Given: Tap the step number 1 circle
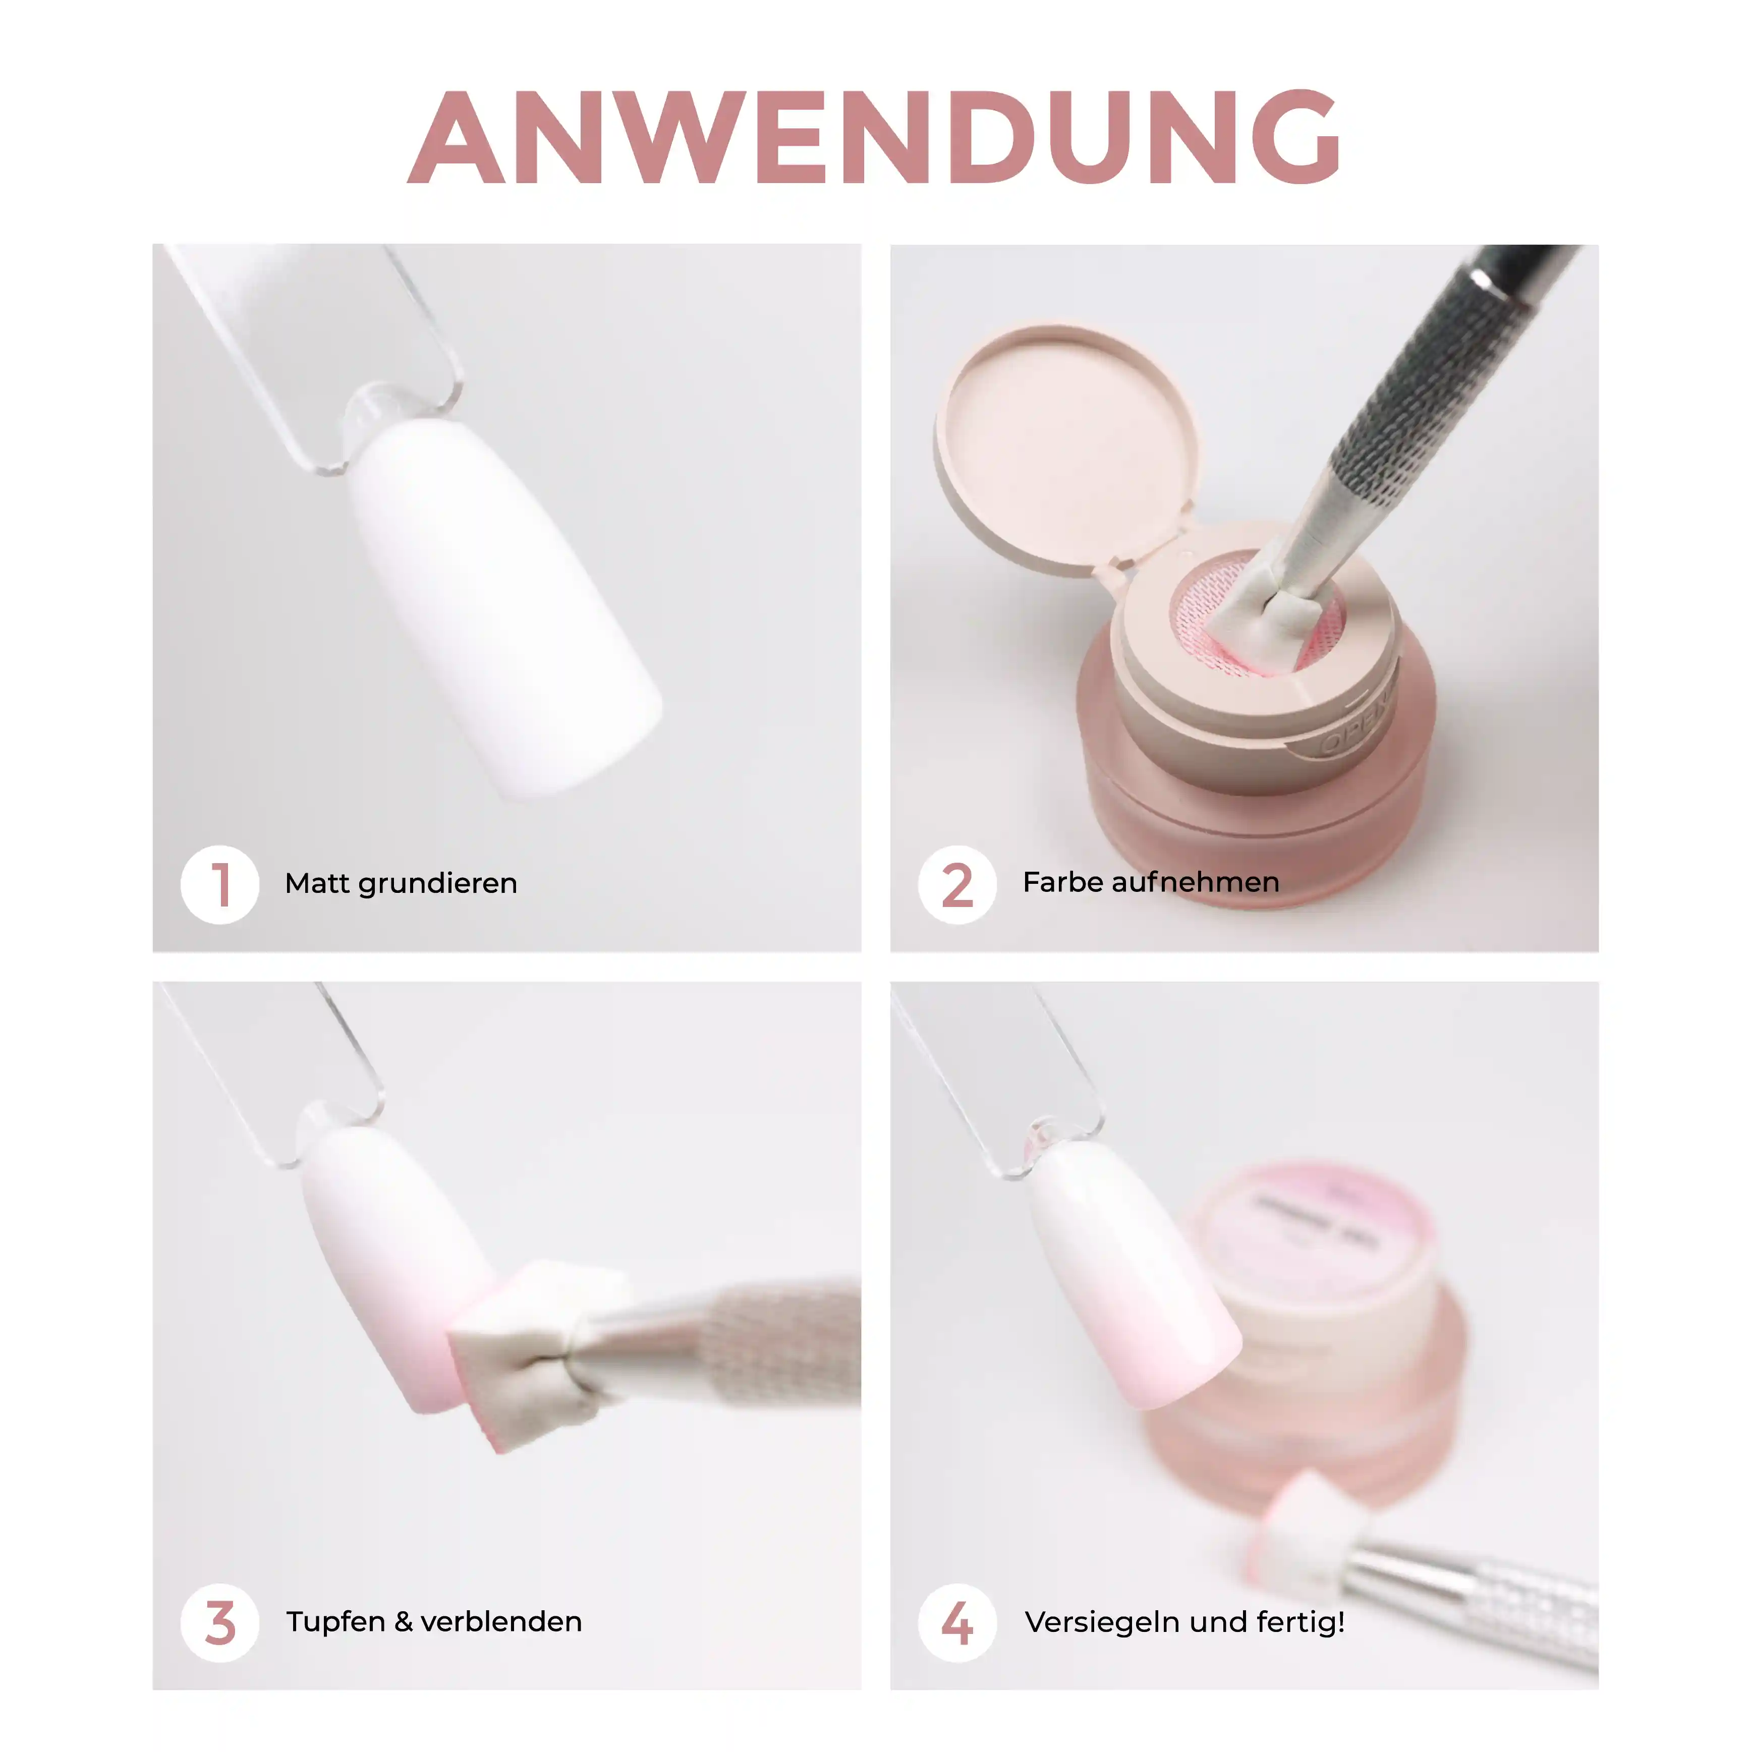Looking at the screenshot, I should [x=219, y=884].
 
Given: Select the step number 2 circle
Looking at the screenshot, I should [x=956, y=884].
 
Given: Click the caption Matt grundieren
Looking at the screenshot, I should [x=401, y=883].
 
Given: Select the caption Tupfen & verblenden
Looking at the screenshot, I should [x=433, y=1621].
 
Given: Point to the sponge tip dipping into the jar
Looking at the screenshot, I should [x=1265, y=616].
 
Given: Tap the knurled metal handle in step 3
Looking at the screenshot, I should [x=780, y=1337].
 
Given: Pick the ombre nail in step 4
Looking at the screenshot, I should [x=1134, y=1270].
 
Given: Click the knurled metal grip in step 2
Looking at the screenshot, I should [x=1415, y=381].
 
